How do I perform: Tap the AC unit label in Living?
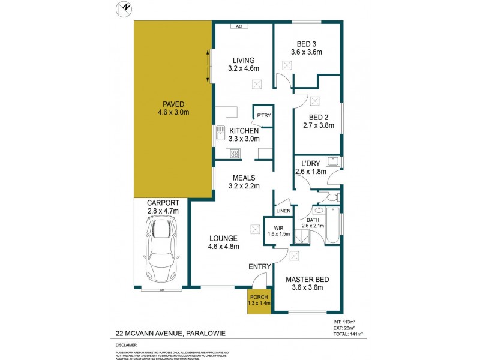[238, 26]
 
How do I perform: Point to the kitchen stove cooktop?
[235, 152]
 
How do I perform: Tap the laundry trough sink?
[332, 161]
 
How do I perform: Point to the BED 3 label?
[310, 43]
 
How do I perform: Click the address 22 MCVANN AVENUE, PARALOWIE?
[170, 334]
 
